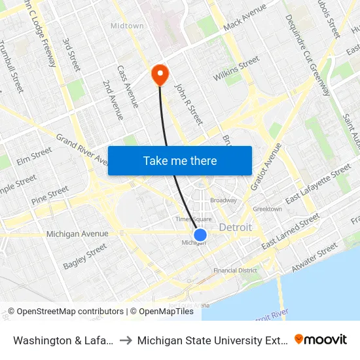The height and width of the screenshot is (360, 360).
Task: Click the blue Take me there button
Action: (180, 160)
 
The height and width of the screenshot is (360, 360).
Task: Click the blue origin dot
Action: (200, 235)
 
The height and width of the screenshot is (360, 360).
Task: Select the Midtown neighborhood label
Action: (127, 26)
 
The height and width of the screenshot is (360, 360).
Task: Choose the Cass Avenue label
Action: (128, 86)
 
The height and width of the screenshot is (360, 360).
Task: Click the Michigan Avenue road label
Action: (77, 234)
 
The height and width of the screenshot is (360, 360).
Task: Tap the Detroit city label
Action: (236, 227)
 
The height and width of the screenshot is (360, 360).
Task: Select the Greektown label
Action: (267, 209)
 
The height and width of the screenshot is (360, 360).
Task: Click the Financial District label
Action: (235, 270)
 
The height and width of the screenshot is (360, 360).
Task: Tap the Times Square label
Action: (193, 219)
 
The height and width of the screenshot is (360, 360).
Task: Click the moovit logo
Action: (320, 339)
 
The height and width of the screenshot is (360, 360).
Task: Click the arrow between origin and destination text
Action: (124, 340)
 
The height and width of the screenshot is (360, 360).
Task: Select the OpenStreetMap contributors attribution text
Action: (65, 312)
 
